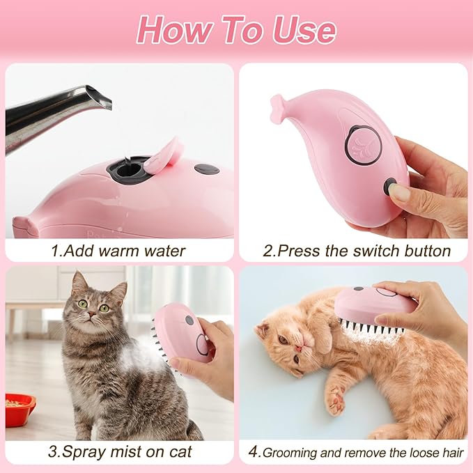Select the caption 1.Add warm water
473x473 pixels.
pyautogui.click(x=118, y=251)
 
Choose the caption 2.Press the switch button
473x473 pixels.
pyautogui.click(x=356, y=251)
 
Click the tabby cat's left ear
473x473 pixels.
pyautogui.click(x=77, y=282)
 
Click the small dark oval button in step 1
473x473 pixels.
pyautogui.click(x=206, y=169)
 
